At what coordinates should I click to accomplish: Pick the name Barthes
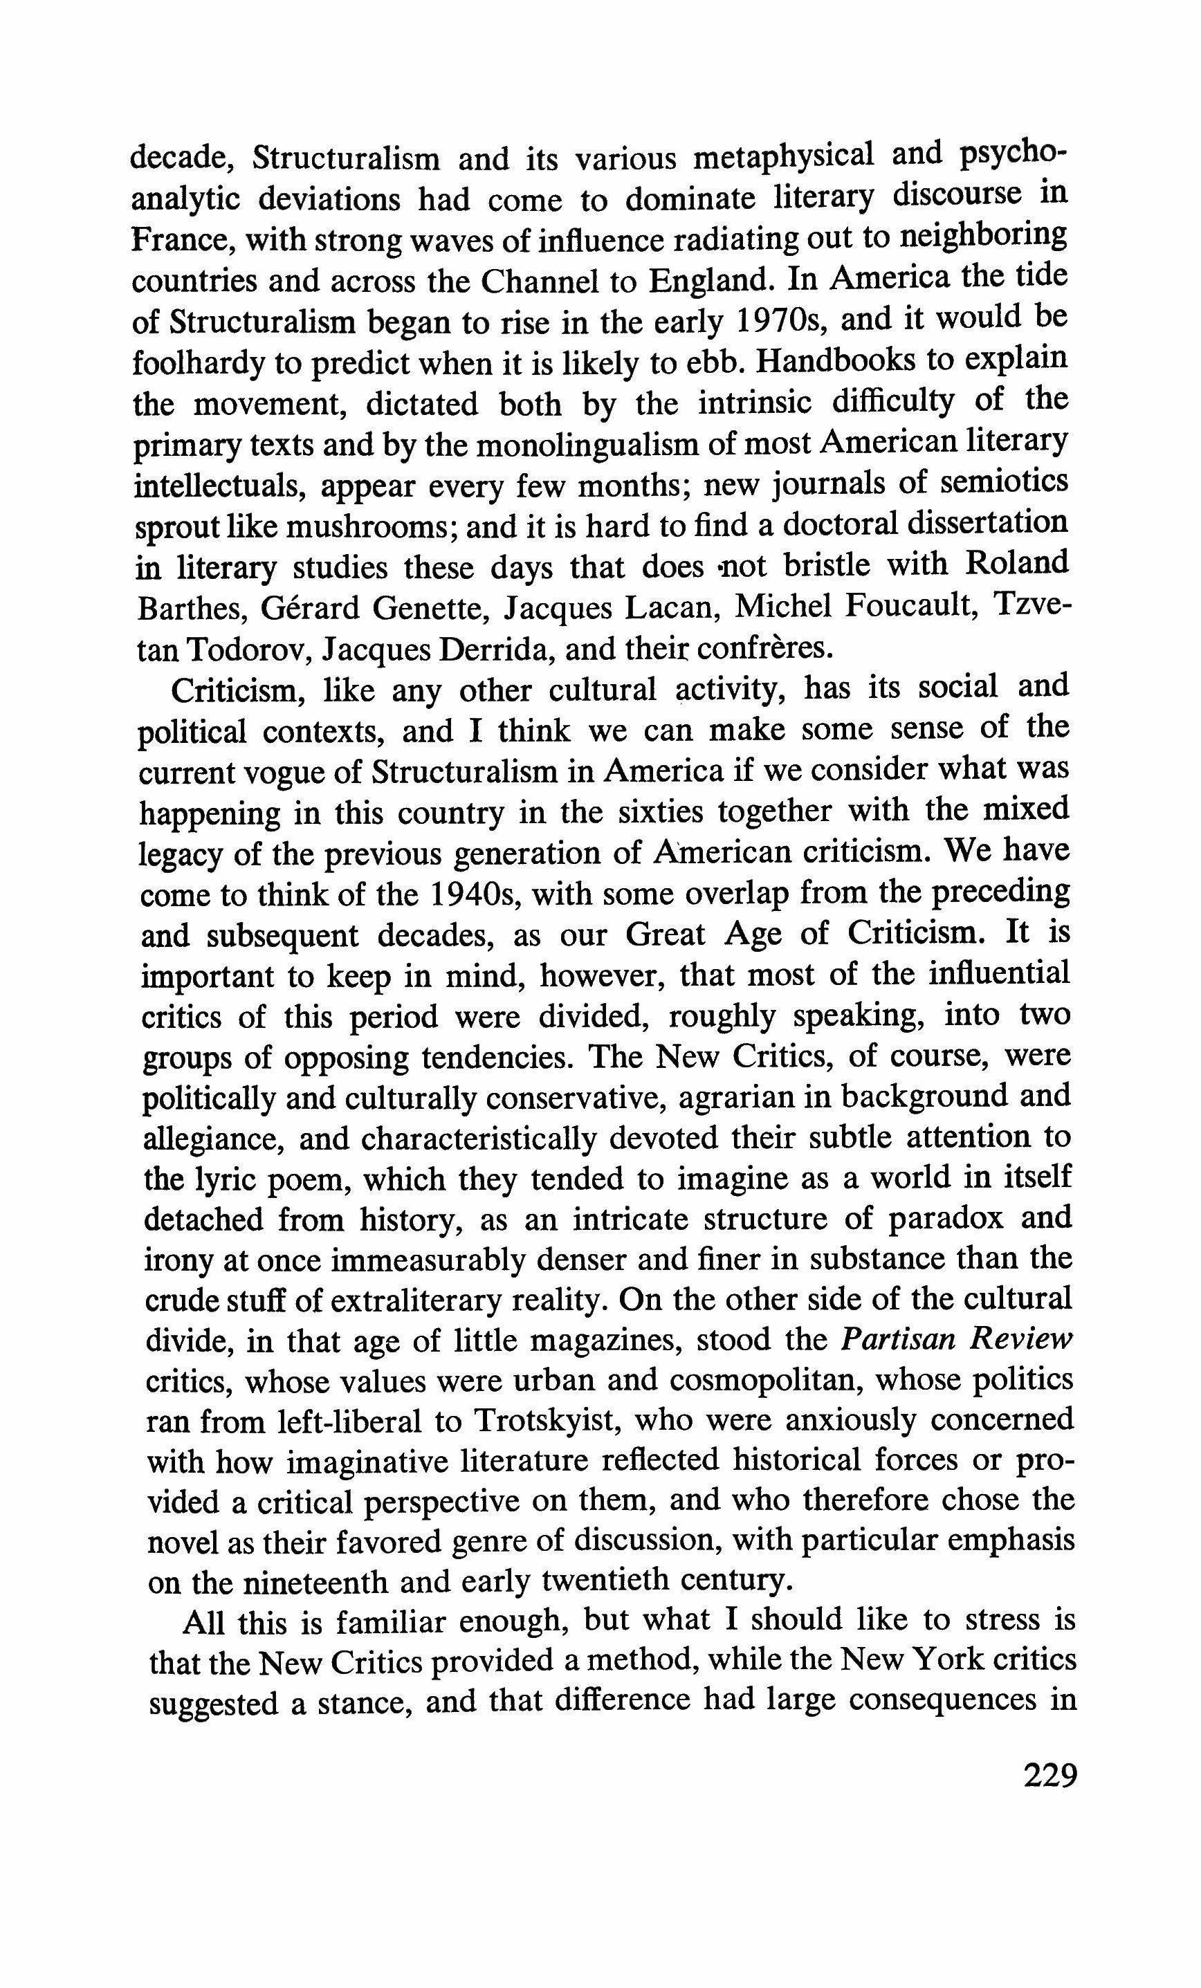point(190,607)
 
